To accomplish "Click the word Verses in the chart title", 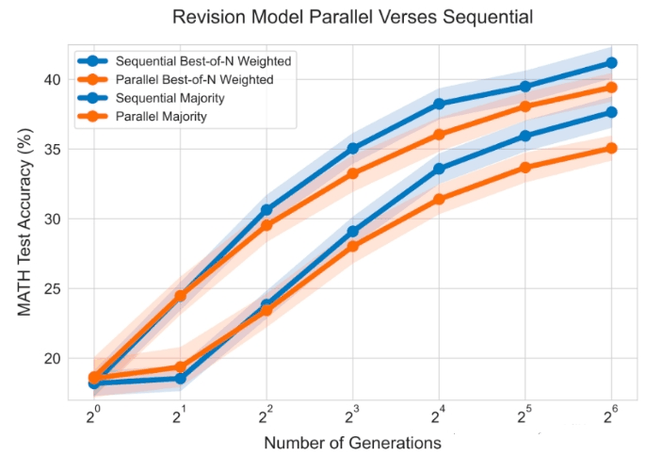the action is [x=413, y=17].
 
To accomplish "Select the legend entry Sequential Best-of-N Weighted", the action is [x=185, y=61].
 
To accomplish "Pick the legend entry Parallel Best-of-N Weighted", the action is [x=175, y=79].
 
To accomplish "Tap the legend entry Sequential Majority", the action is [x=152, y=98].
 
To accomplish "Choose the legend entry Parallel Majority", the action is [x=142, y=117].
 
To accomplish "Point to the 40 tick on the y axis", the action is [x=52, y=79].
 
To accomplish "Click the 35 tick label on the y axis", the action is [x=52, y=149].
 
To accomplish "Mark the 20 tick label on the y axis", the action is [x=52, y=358].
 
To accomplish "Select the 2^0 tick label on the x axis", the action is [x=94, y=415].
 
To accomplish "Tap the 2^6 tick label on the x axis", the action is [x=611, y=415].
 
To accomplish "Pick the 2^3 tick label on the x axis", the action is [x=352, y=415].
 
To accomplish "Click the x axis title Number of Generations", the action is [x=352, y=443].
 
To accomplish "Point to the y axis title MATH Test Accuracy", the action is [x=24, y=222].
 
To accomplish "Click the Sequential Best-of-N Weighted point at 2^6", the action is [x=611, y=62].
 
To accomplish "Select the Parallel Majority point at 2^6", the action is [x=611, y=148].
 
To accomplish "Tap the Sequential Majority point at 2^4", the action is [x=439, y=169].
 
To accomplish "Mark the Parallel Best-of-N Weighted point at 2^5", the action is [x=525, y=106].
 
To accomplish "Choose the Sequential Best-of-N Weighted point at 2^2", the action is [x=266, y=210].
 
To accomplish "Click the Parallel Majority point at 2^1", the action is [x=181, y=366].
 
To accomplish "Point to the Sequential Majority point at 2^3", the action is [x=352, y=232].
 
